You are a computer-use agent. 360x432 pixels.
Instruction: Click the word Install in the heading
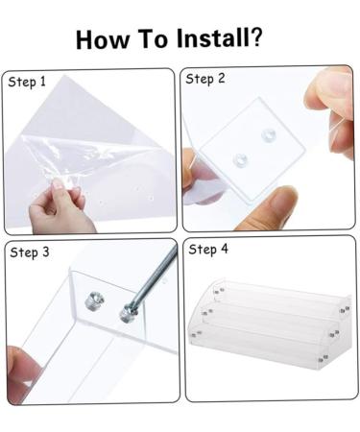pos(212,38)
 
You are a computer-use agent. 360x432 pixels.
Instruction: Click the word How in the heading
pos(103,39)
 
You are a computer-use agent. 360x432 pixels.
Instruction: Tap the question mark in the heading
pos(255,37)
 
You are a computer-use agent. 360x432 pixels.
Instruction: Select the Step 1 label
pos(27,83)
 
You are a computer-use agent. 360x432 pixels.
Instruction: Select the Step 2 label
pos(205,79)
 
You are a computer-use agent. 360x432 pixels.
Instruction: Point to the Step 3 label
pos(30,252)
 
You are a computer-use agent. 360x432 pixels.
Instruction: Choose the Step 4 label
pos(208,250)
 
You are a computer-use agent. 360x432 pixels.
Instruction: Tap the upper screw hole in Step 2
pos(268,134)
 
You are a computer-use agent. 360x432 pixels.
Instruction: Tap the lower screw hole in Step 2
pos(240,158)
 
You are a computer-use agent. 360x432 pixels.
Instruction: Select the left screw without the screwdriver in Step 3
pos(95,302)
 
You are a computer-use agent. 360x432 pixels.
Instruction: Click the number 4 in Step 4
pos(225,249)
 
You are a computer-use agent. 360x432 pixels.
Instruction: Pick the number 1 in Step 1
pos(43,82)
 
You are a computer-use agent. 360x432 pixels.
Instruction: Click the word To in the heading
pos(153,38)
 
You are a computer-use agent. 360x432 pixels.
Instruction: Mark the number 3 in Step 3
pos(46,252)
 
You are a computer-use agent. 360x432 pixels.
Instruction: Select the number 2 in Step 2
pos(222,79)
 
